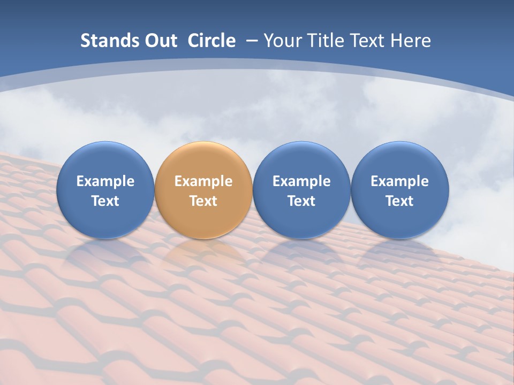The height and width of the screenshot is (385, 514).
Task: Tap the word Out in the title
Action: [159, 41]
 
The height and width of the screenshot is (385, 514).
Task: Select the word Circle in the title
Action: [211, 41]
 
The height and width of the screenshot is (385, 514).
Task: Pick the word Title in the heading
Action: [326, 41]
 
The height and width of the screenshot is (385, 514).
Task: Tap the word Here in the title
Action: [411, 41]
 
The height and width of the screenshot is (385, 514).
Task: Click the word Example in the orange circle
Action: [203, 181]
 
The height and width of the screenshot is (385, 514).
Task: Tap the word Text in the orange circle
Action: [203, 201]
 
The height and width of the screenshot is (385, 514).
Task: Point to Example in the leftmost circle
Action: [105, 181]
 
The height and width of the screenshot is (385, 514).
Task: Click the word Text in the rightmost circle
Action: [399, 201]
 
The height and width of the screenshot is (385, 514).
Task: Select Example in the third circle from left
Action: [301, 181]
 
